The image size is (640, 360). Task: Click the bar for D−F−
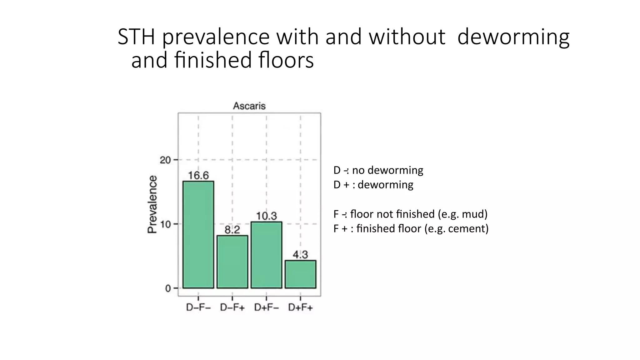(x=198, y=234)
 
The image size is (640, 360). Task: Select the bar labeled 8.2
(x=232, y=262)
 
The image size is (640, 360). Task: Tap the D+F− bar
(x=266, y=255)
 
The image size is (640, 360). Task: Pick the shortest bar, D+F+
(x=300, y=274)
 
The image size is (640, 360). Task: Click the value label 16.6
(x=198, y=176)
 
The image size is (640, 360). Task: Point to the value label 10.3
(x=266, y=216)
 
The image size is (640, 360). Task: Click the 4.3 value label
(x=300, y=255)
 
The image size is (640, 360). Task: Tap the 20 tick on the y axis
(x=165, y=160)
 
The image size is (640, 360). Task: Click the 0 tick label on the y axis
(x=168, y=288)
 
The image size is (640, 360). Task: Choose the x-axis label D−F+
(x=232, y=308)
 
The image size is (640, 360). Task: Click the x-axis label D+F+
(x=300, y=308)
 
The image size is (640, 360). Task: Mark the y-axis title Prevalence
(x=152, y=204)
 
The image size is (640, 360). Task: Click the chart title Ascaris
(x=249, y=106)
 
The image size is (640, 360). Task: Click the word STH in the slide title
(x=136, y=37)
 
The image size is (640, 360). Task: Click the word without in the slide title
(x=407, y=37)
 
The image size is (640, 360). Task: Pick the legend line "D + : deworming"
(x=373, y=185)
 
